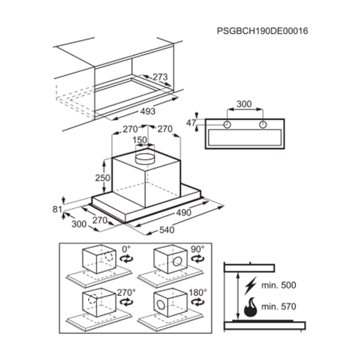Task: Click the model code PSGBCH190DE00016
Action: [262, 31]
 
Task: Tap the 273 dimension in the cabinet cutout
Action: [160, 77]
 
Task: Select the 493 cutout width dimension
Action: [148, 112]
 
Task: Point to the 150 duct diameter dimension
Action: [140, 140]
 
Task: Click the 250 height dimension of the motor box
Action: [103, 178]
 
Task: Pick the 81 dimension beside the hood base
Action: [57, 209]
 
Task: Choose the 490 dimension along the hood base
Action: [184, 213]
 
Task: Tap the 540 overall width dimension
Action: [167, 230]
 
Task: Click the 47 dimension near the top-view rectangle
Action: [191, 123]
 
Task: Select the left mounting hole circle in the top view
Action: [227, 125]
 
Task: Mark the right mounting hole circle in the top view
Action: [263, 125]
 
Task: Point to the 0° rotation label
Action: [126, 249]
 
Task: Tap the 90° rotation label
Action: [197, 249]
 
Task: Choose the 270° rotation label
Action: [126, 293]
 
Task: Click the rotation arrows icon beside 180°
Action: [197, 302]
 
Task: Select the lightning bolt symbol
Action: [250, 286]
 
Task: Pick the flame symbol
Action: [250, 307]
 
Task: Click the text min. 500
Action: [279, 285]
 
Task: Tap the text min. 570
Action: [279, 307]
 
